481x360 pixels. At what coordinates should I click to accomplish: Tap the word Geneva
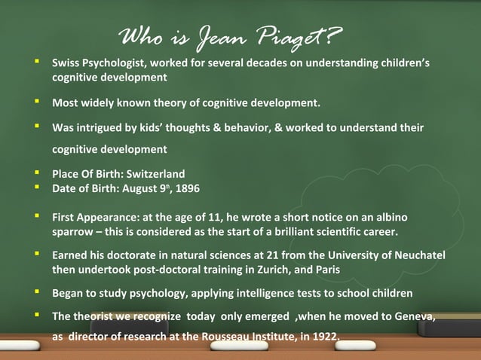(x=413, y=316)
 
